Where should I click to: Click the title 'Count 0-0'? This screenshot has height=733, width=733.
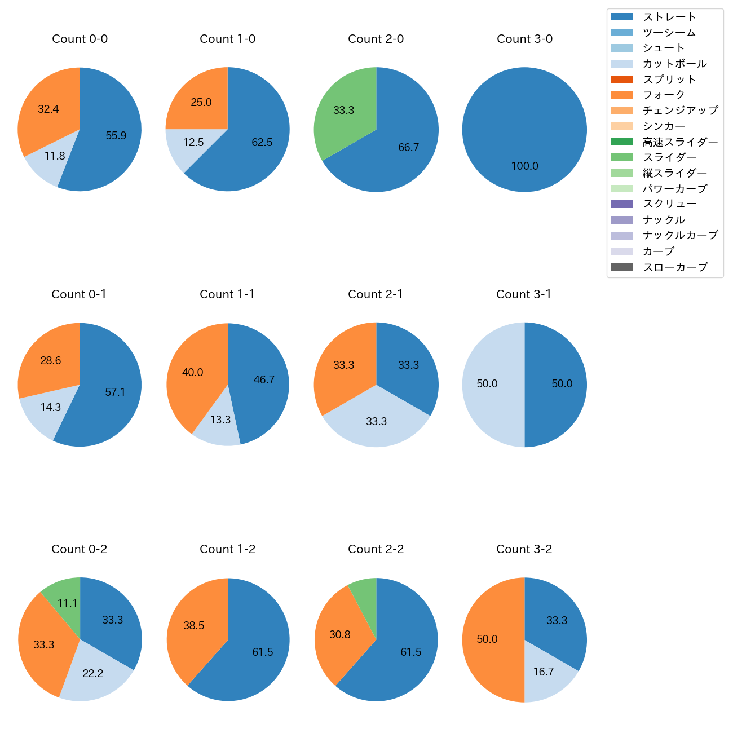tap(80, 39)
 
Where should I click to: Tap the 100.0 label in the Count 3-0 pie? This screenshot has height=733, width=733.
tap(524, 166)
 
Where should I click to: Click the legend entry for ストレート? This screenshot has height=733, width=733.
tap(669, 17)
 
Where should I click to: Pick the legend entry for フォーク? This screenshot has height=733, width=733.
tap(664, 95)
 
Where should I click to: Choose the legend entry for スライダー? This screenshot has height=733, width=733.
tap(669, 157)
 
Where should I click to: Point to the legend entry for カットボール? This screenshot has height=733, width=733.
tap(674, 64)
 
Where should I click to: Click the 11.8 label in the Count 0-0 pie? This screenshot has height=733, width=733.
tap(55, 156)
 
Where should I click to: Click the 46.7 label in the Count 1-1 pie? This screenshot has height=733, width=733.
tap(264, 379)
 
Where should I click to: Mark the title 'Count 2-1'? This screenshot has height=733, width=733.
tap(376, 294)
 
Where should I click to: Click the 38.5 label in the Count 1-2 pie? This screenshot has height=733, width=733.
tap(194, 625)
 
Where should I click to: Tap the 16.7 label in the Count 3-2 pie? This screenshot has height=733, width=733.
tap(544, 672)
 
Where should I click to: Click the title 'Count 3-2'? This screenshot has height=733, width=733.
tap(524, 549)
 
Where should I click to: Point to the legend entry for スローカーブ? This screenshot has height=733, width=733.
tap(674, 267)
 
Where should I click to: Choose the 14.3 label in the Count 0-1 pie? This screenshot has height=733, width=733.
tap(51, 407)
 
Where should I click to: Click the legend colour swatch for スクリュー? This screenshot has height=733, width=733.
tap(622, 204)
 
